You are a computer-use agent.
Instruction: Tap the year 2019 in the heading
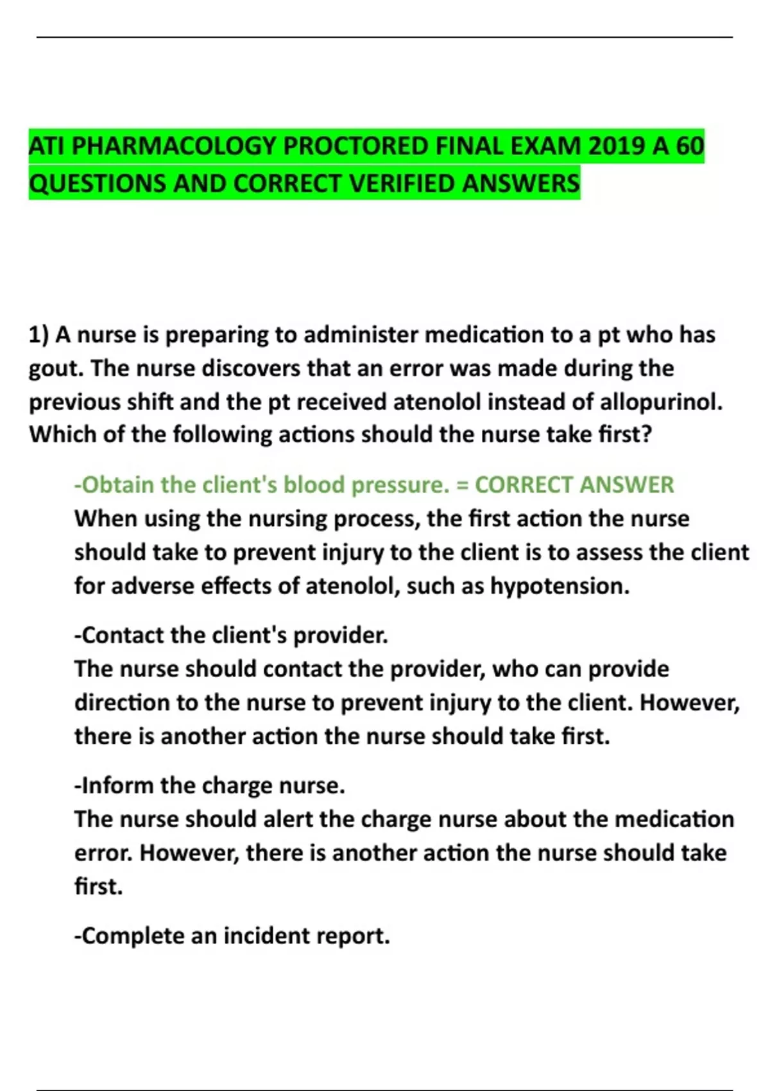coord(616,146)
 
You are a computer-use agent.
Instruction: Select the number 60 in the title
coord(690,146)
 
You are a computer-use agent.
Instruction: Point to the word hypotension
coord(559,586)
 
